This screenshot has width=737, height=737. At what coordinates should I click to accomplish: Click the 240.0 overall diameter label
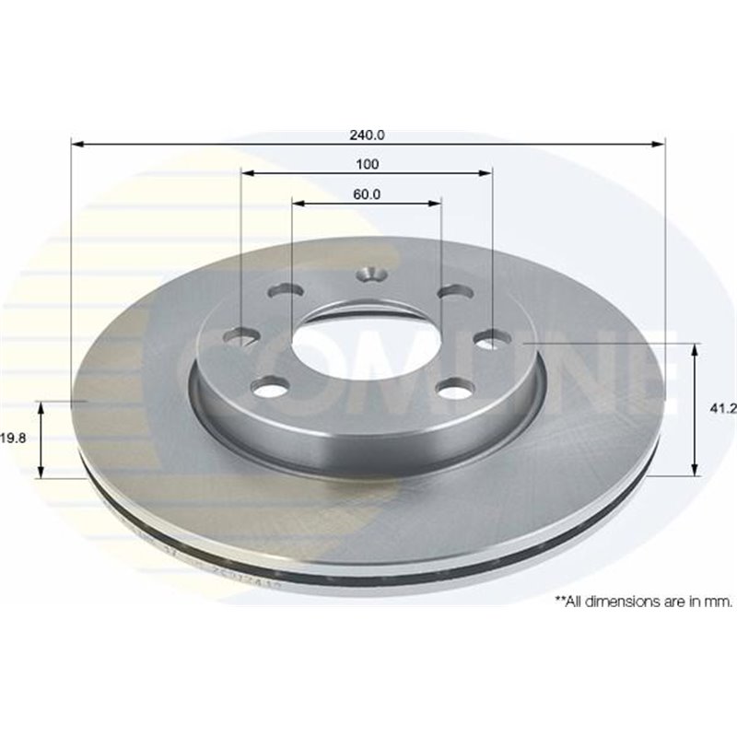click(367, 135)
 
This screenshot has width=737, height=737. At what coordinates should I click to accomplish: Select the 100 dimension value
click(367, 164)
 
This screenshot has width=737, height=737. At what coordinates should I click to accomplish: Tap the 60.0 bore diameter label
click(367, 193)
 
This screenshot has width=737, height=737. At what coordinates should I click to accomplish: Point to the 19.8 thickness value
click(14, 439)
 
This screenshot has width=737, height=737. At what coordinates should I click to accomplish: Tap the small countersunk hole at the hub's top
click(372, 274)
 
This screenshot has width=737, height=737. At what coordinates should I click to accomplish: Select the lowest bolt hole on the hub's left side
click(269, 389)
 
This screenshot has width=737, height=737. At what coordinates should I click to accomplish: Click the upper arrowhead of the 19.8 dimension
click(41, 407)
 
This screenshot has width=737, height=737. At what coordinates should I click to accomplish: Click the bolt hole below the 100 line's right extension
click(491, 339)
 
